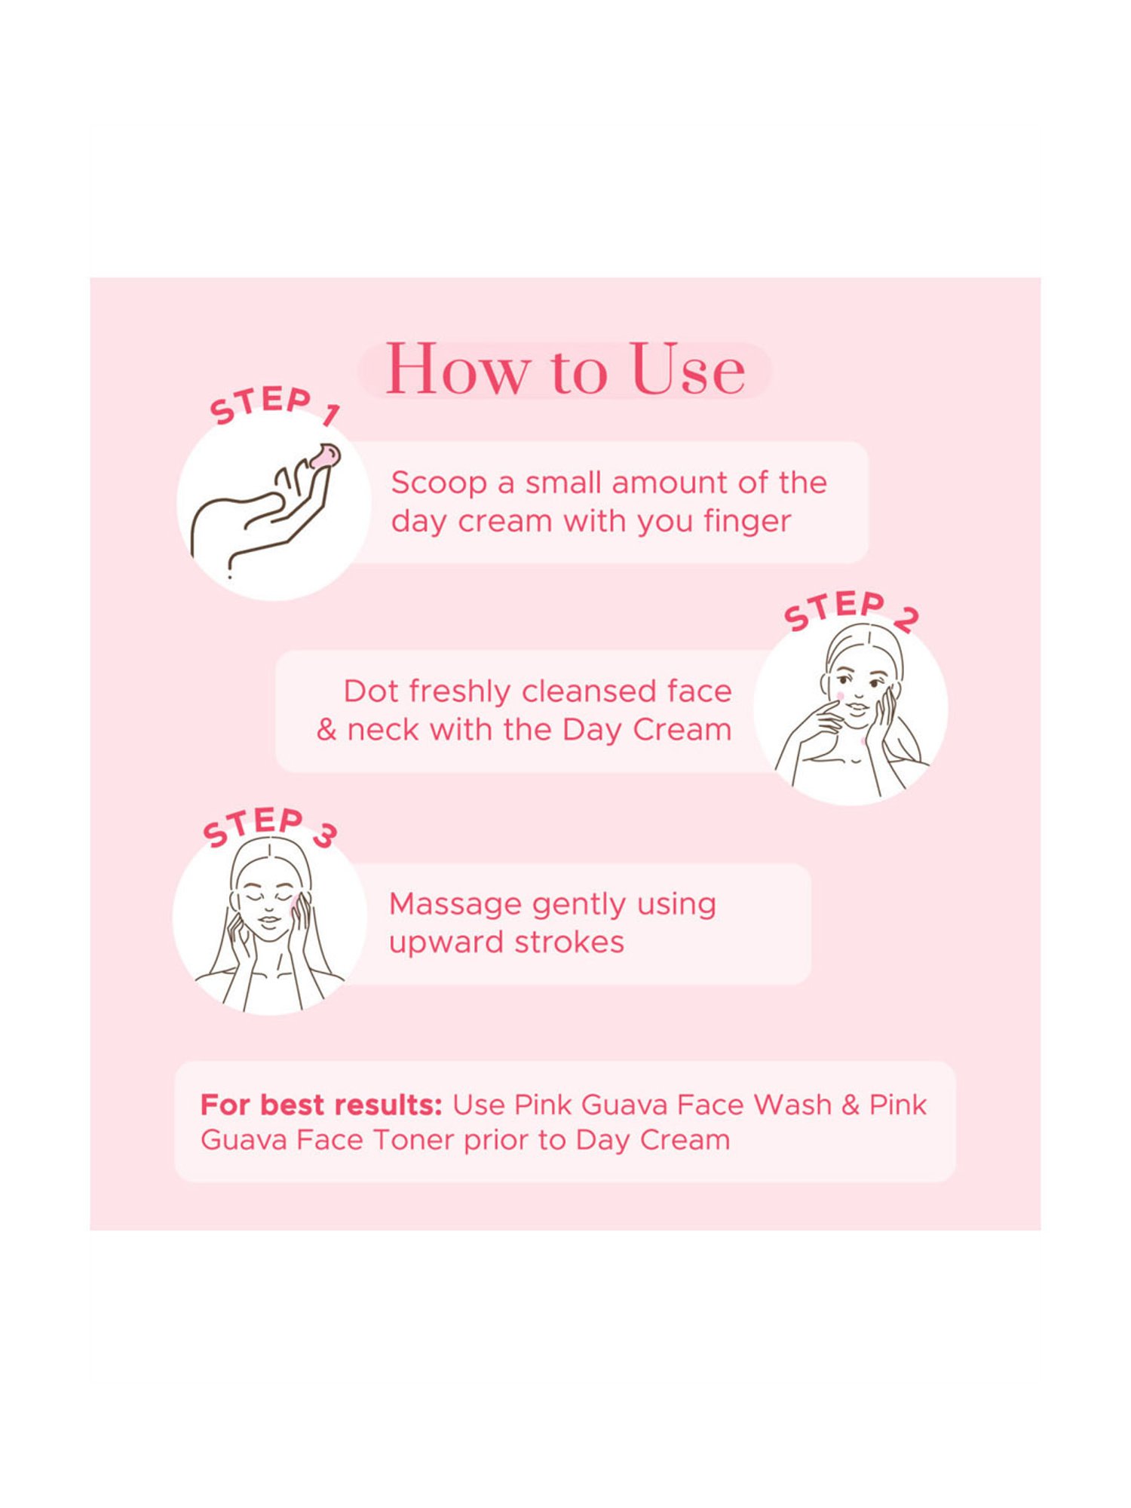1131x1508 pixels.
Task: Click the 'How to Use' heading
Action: point(565,369)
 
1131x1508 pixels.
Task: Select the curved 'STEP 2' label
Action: point(851,610)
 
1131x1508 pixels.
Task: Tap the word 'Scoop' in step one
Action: point(439,483)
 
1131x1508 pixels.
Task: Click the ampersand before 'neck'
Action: point(326,730)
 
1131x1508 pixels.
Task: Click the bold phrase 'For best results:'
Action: point(321,1105)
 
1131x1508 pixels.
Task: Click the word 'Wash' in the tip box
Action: point(792,1105)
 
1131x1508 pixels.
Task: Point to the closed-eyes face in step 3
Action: point(269,904)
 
